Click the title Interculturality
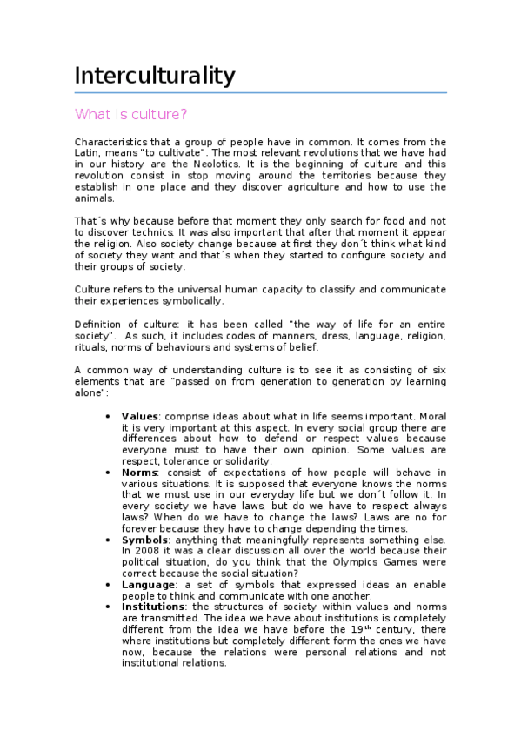[155, 76]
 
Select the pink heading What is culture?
[130, 114]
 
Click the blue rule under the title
[261, 93]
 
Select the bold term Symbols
[144, 540]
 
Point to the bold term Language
[148, 585]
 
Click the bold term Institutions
[153, 607]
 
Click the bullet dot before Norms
[107, 472]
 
